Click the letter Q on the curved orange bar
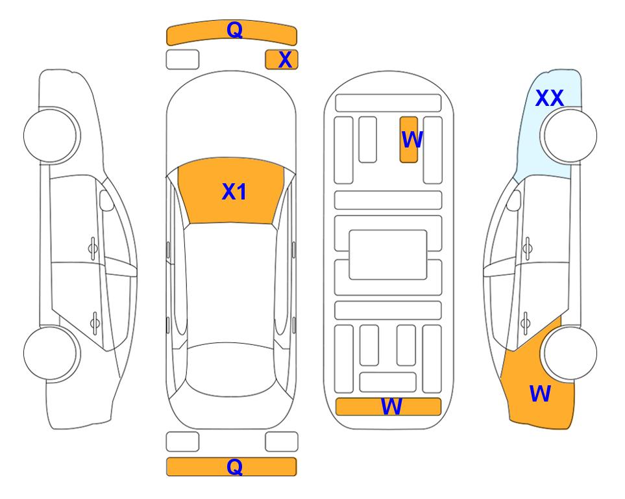coord(234,29)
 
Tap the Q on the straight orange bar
coord(234,467)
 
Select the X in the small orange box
coord(285,60)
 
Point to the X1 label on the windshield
coord(234,192)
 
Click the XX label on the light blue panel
coord(549,98)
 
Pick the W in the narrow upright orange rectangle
coord(411,140)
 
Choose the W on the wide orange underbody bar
coord(391,407)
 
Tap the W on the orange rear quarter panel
coord(540,394)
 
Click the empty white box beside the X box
coord(182,60)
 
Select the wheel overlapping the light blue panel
coord(569,136)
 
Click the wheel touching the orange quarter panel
coord(569,353)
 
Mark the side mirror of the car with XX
coord(514,200)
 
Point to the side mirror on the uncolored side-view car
coord(106,200)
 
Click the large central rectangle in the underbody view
coord(388,255)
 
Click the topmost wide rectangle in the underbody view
coord(388,103)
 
